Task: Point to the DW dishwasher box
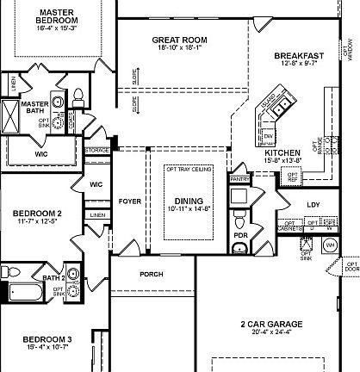click(268, 136)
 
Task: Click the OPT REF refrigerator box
click(293, 177)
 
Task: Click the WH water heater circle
click(329, 245)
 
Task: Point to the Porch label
click(150, 275)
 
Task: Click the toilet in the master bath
click(79, 94)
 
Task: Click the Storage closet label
click(96, 150)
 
